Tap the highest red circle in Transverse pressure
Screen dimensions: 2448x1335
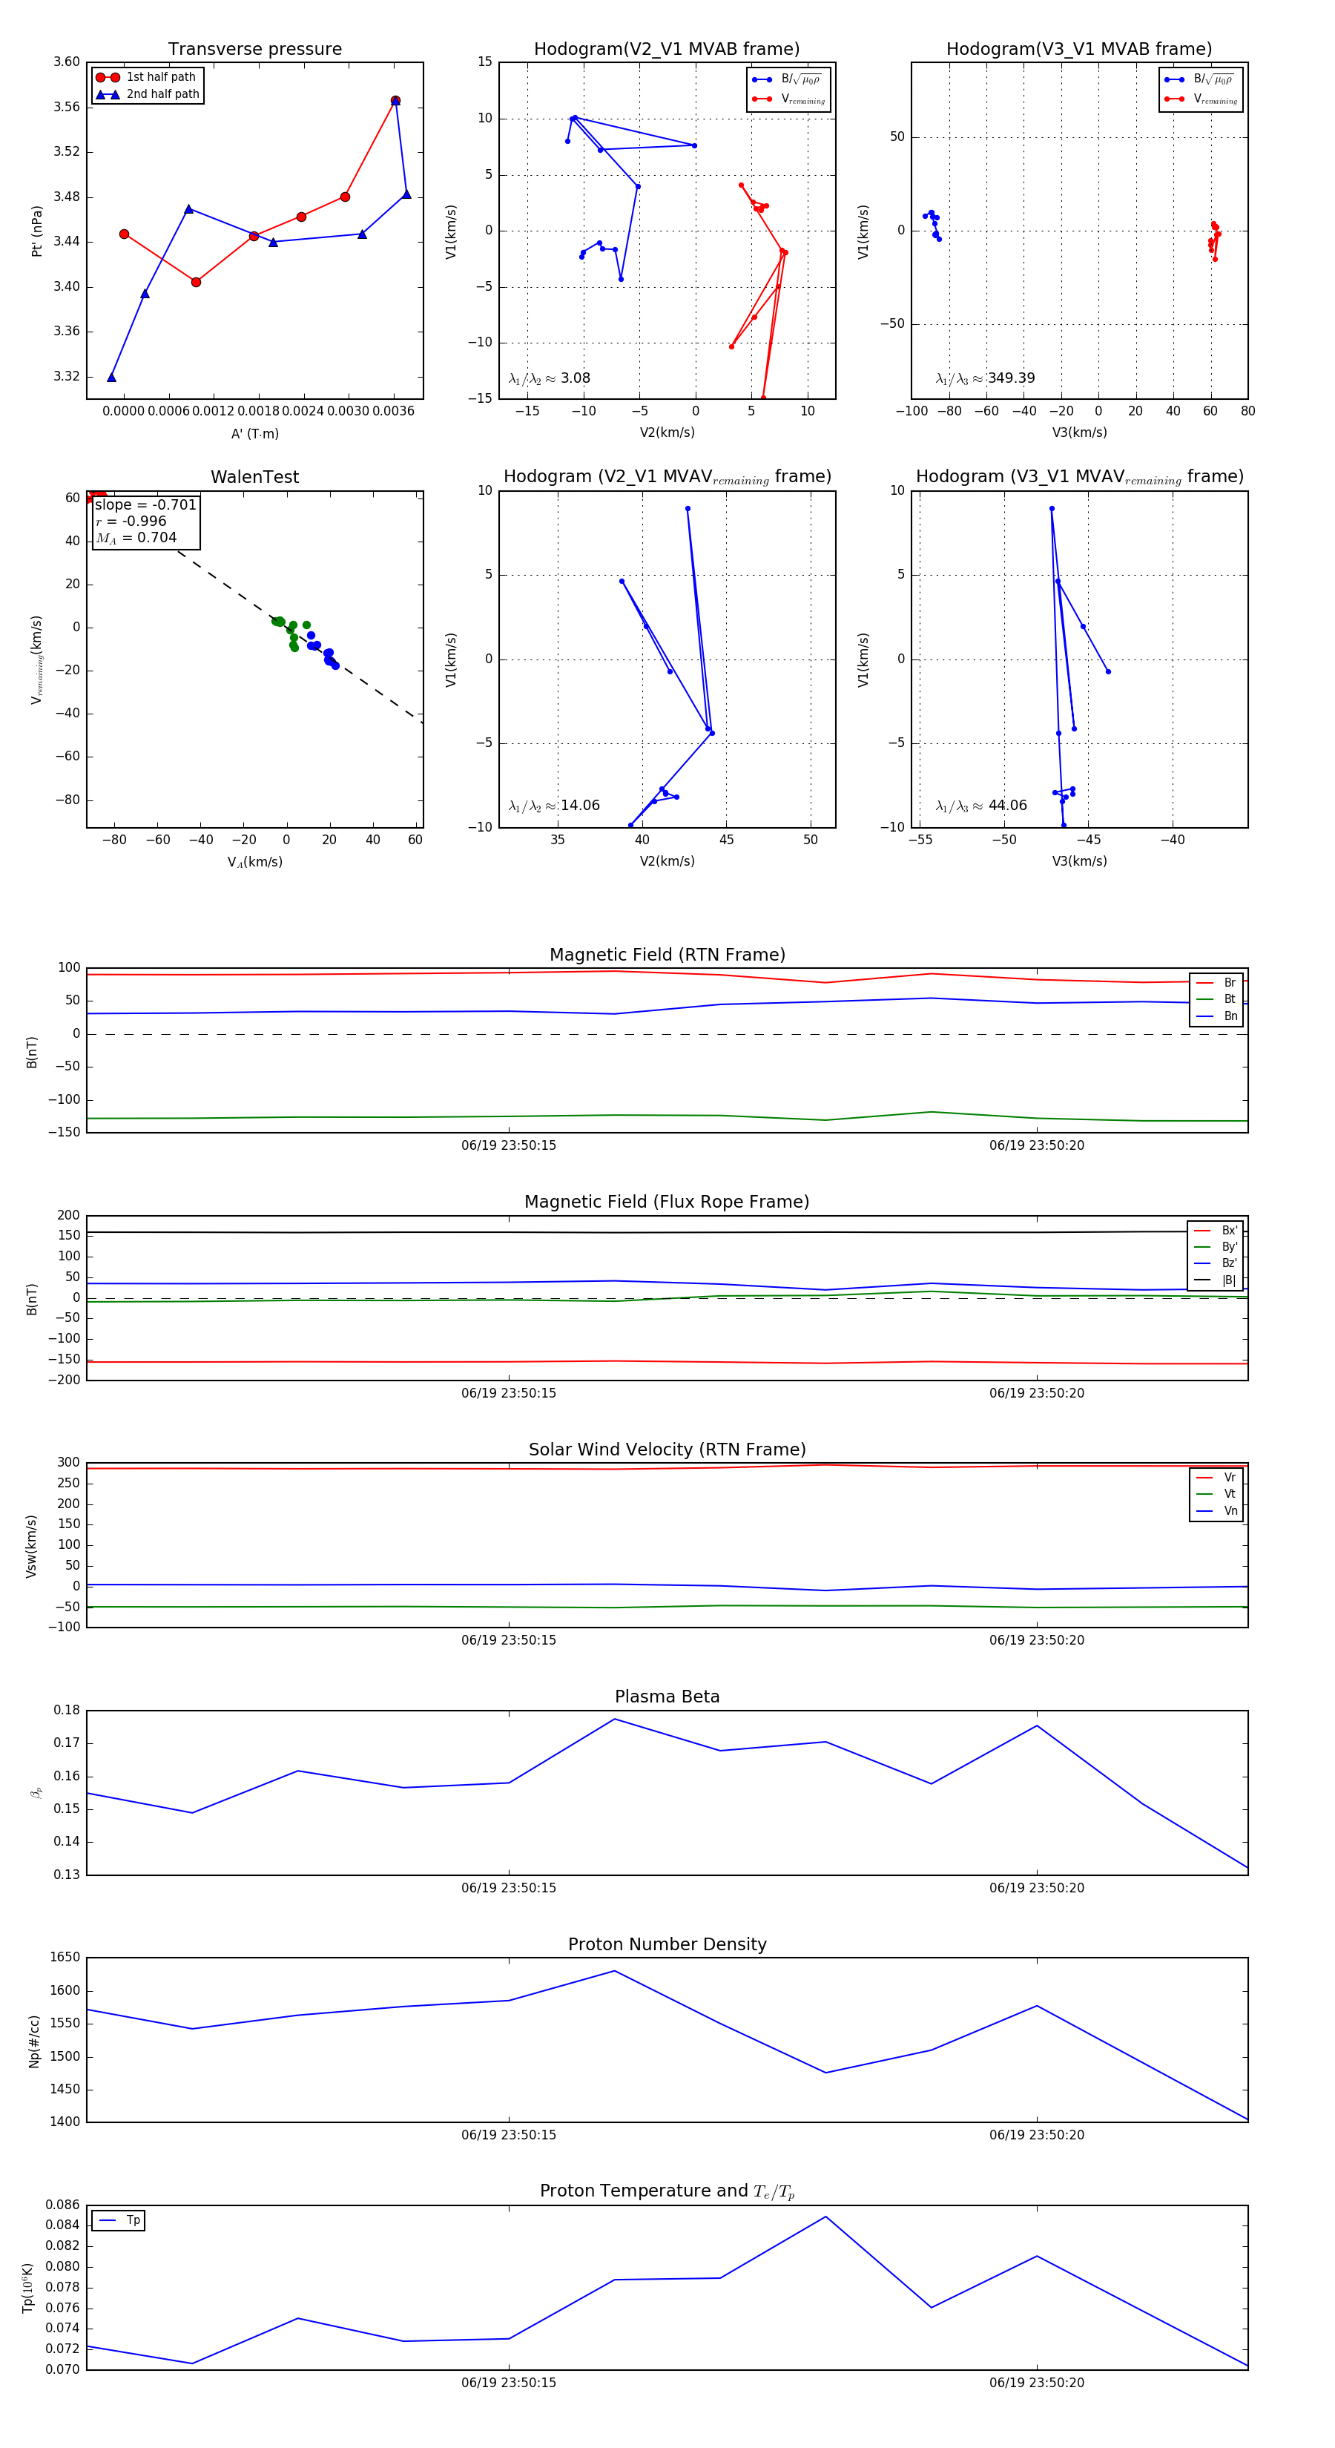[x=395, y=101]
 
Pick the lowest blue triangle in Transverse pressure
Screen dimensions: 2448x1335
[x=111, y=378]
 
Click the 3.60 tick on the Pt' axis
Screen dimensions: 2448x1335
[x=67, y=62]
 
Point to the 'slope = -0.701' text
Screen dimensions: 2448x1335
[x=145, y=504]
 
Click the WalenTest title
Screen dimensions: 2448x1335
[x=254, y=477]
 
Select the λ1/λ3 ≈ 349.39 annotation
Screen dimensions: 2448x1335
[x=986, y=378]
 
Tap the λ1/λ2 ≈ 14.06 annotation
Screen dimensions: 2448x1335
[x=554, y=806]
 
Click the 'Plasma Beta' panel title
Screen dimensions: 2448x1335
[x=667, y=1697]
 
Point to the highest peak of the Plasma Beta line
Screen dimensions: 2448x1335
[x=615, y=1719]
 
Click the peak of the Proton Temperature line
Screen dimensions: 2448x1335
[x=825, y=2217]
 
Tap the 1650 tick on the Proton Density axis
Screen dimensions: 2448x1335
[x=65, y=1958]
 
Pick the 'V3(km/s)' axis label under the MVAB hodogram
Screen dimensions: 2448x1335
[x=1078, y=432]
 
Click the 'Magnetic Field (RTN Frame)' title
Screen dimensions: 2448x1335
[x=667, y=955]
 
